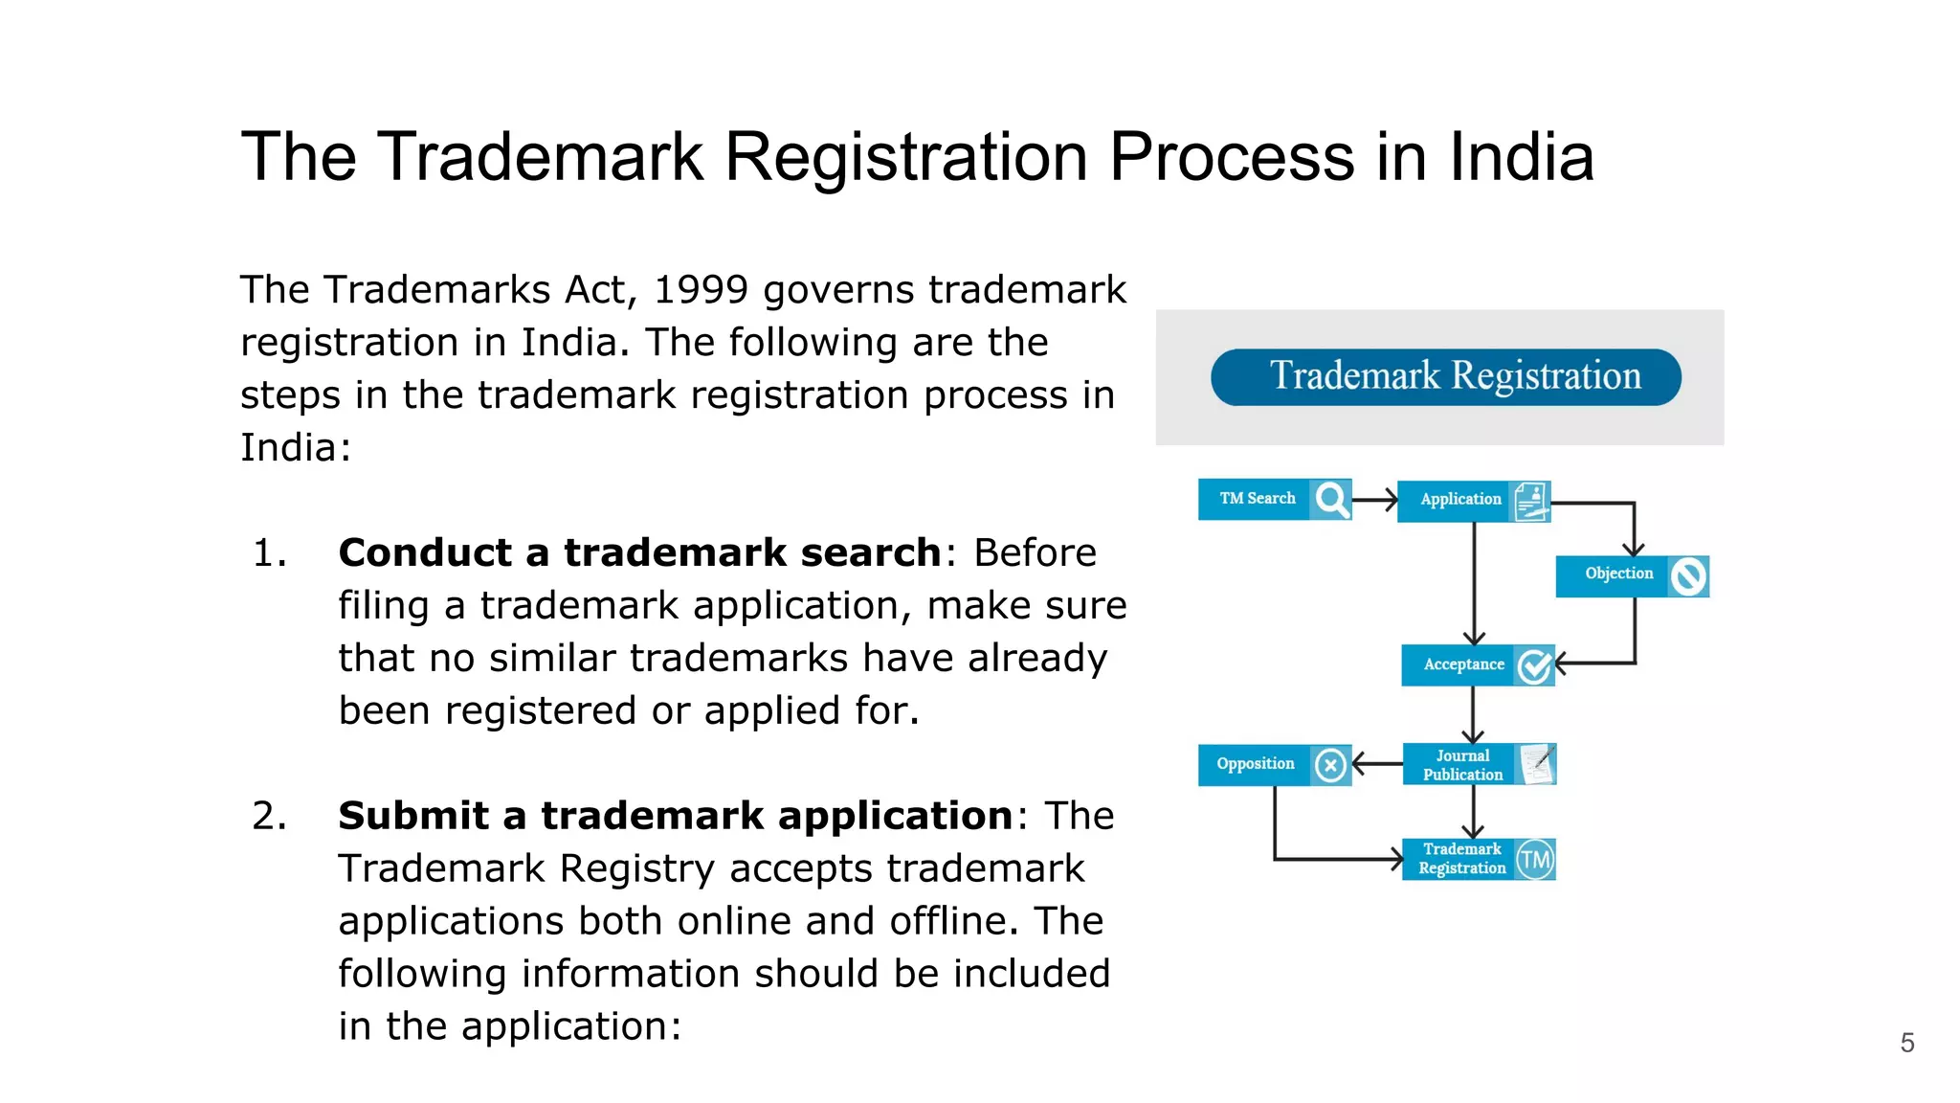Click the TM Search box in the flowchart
coord(1256,499)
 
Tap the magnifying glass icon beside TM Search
coord(1331,499)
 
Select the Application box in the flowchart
coord(1460,500)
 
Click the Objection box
coord(1618,574)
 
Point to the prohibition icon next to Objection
coord(1688,576)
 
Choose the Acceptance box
coord(1463,665)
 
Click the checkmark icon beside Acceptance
coord(1534,666)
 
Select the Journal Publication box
coord(1462,765)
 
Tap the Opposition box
coord(1255,764)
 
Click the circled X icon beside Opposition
coord(1330,765)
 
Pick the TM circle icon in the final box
coord(1535,860)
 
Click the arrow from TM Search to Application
coord(1375,500)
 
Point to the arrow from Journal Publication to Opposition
coord(1377,764)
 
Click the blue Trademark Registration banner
coord(1445,377)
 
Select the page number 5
coord(1906,1043)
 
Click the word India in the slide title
coord(1521,157)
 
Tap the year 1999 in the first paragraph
coord(700,290)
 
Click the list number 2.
coord(269,816)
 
